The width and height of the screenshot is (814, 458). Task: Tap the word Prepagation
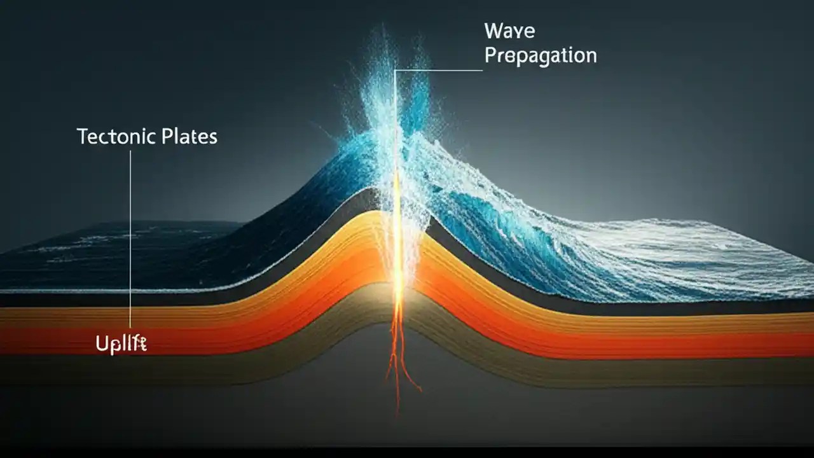[x=541, y=55]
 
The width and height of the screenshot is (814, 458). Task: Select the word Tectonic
[x=113, y=136]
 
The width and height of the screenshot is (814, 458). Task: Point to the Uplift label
[x=121, y=344]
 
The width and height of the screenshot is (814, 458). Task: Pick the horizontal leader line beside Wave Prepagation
[x=439, y=70]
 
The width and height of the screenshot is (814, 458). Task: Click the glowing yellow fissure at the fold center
[x=398, y=267]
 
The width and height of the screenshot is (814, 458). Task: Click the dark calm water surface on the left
[x=95, y=254]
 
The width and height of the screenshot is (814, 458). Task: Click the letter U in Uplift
[x=101, y=344]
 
